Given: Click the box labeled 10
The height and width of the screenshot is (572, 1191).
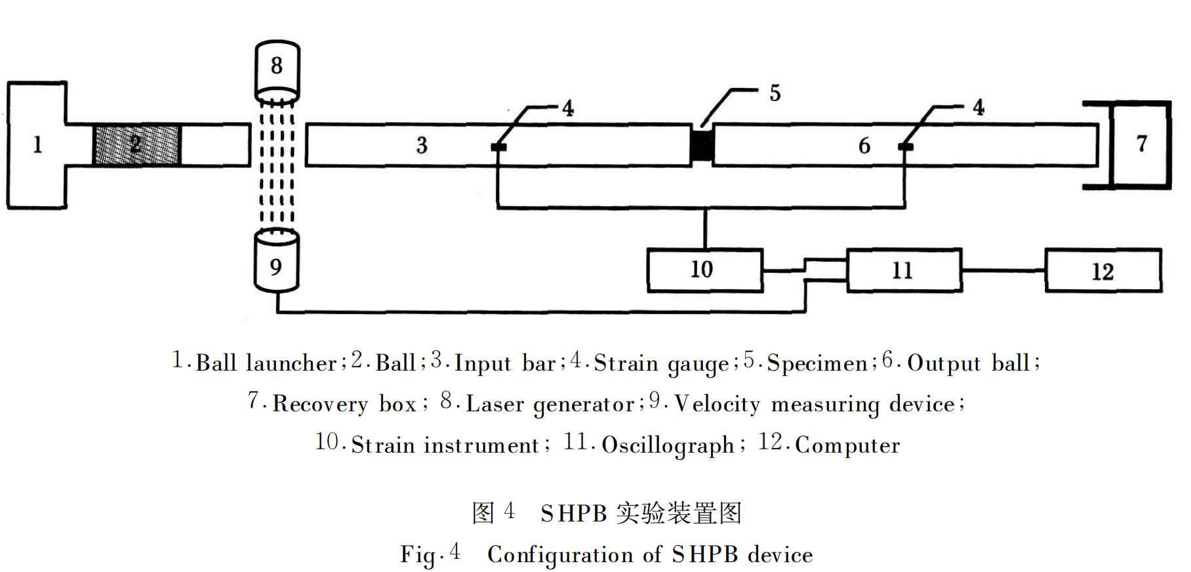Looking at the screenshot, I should [704, 270].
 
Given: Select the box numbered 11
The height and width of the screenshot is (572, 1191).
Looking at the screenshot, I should [904, 270].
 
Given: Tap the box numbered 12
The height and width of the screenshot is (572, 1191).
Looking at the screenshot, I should [1102, 270].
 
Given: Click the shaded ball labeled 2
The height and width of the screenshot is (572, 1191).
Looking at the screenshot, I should [136, 144].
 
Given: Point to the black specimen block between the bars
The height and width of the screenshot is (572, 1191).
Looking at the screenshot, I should [702, 145].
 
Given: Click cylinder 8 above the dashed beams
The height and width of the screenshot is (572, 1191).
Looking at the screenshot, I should [277, 67].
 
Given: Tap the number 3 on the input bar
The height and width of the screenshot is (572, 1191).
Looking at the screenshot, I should [422, 145].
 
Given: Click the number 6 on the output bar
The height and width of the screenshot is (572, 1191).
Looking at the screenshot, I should [864, 145].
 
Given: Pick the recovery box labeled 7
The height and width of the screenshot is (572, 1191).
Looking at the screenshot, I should [1141, 145].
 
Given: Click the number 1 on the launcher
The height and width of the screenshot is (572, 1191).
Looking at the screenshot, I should [37, 144].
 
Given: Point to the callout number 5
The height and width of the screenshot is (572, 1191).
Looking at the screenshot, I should [775, 93].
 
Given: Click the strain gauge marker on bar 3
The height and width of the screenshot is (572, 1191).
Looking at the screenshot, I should [498, 146].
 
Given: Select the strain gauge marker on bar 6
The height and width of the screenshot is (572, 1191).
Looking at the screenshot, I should [905, 146].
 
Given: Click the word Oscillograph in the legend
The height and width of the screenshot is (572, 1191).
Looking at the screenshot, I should [668, 445].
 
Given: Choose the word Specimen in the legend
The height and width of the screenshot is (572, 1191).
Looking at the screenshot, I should [817, 363].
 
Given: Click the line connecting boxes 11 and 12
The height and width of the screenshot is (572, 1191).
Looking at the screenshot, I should [1003, 270].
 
